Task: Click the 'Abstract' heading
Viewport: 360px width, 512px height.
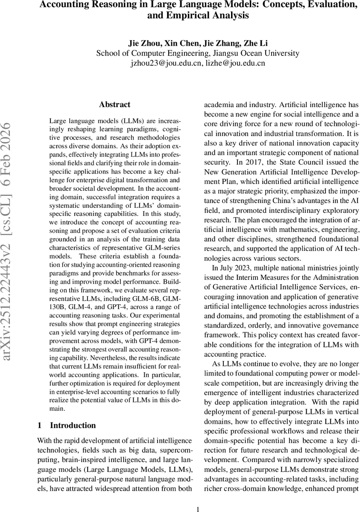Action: click(x=114, y=105)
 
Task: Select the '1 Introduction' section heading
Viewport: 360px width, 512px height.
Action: click(x=67, y=425)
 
